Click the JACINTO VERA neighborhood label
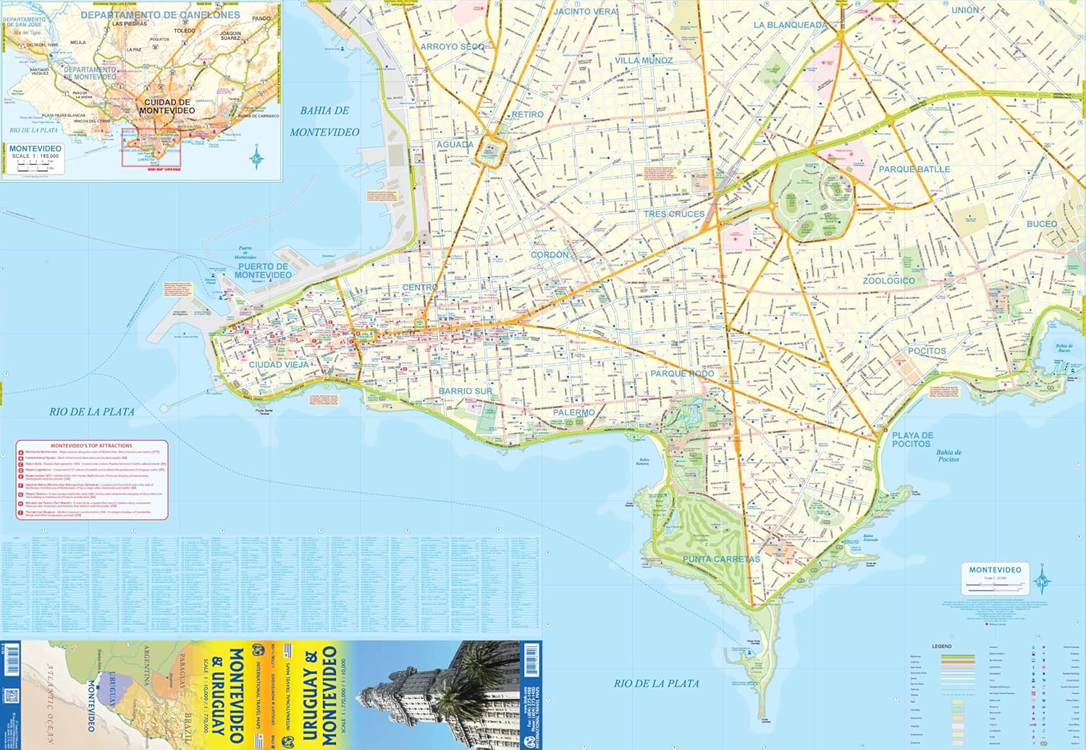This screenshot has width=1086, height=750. (x=585, y=12)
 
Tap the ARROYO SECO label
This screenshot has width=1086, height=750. (x=452, y=46)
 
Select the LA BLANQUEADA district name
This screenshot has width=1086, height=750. (x=790, y=25)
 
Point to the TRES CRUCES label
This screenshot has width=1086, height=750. (x=673, y=214)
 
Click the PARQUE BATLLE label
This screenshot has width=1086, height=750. (x=914, y=169)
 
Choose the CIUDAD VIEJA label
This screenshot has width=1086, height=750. (x=279, y=365)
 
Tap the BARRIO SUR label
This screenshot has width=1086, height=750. (x=465, y=391)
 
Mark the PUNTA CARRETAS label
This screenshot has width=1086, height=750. (x=721, y=559)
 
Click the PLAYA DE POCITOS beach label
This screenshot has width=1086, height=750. (x=912, y=439)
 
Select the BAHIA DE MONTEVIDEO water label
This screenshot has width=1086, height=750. (x=324, y=122)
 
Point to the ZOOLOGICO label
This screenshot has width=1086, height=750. (x=888, y=281)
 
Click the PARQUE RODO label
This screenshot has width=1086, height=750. (x=681, y=374)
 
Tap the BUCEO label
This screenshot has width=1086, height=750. (x=1041, y=224)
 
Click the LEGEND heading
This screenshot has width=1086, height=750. (x=941, y=646)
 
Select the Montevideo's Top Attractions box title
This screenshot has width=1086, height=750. (x=91, y=446)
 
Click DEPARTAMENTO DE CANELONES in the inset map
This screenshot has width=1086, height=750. (x=160, y=14)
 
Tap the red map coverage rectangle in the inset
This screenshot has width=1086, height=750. (x=151, y=148)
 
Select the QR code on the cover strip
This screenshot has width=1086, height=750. (x=11, y=696)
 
